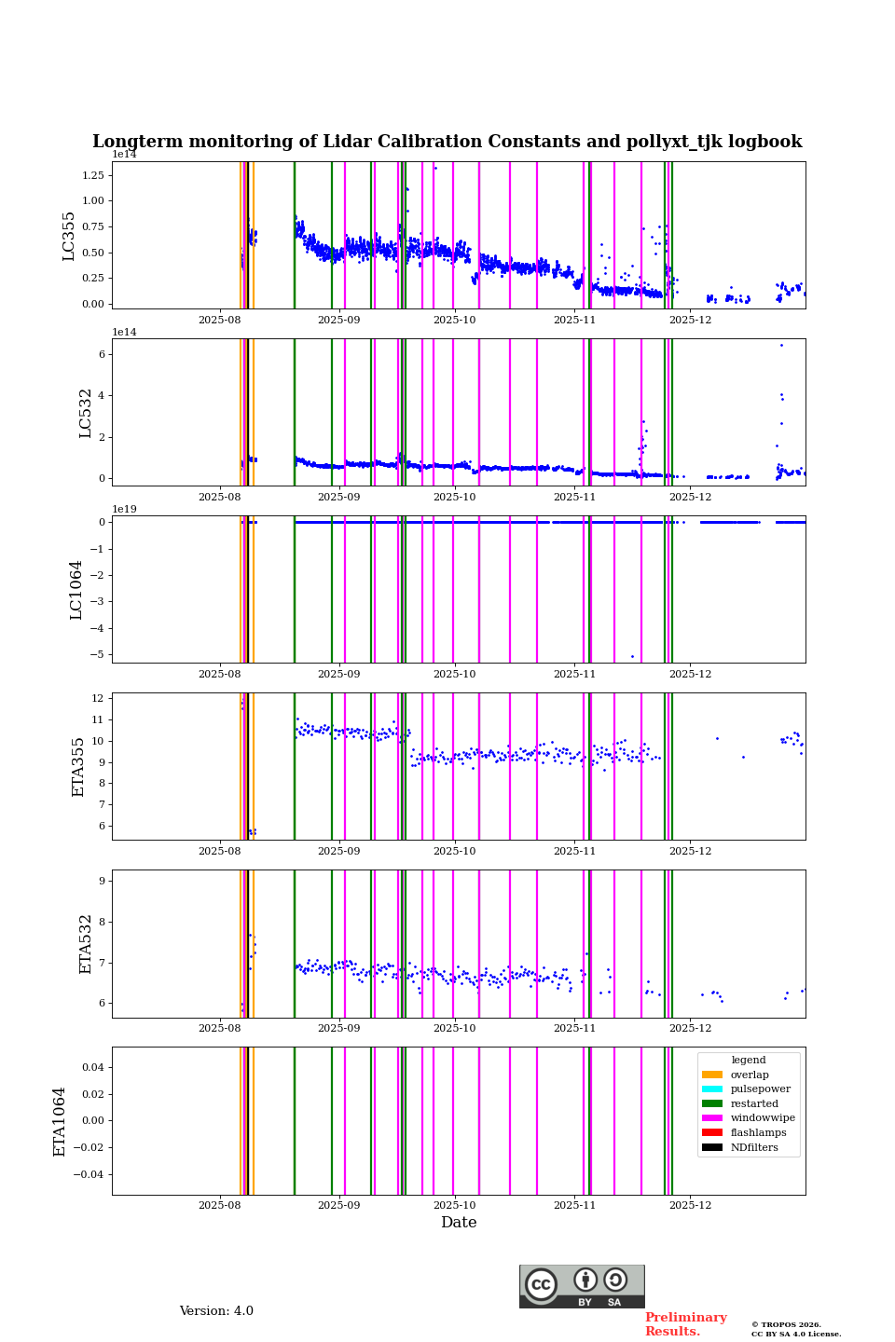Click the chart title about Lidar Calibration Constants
447,142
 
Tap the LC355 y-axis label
69,236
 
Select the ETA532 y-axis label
86,943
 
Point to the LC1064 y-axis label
76,590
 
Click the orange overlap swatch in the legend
712,1075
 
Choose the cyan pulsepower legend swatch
712,1089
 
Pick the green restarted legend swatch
712,1103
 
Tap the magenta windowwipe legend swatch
712,1118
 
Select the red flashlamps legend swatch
712,1133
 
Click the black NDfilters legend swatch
712,1147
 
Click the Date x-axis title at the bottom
459,1223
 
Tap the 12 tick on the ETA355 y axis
97,698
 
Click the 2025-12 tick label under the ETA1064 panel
690,1205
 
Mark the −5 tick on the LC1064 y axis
96,654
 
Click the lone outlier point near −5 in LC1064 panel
632,656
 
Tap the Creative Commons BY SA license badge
582,1286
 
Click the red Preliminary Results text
685,1324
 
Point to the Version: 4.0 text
216,1311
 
